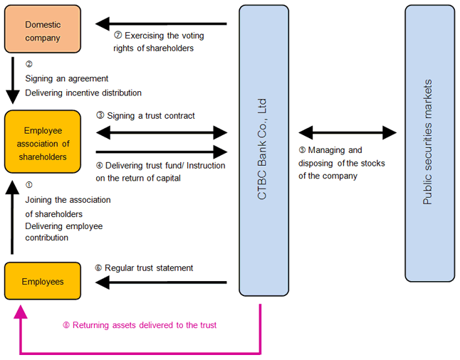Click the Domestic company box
43,30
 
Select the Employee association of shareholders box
43,142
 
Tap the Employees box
43,281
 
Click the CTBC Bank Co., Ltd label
263,149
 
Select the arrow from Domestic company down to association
12,82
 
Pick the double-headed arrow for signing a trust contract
161,131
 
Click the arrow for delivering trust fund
161,151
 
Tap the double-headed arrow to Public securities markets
347,132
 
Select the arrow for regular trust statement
161,282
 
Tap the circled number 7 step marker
118,35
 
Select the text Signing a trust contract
151,115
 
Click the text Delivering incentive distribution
83,92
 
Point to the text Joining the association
68,200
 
